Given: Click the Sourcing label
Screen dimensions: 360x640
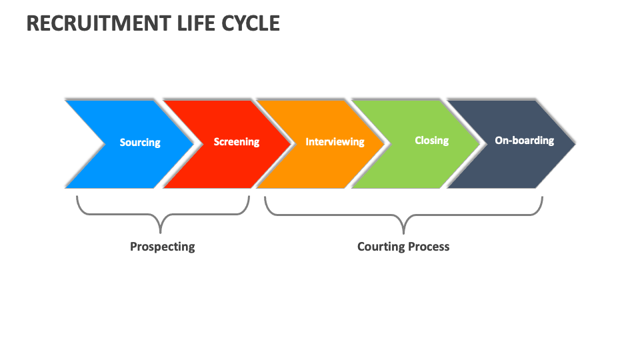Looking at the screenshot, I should (x=140, y=142).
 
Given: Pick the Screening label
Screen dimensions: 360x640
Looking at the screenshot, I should (x=237, y=142).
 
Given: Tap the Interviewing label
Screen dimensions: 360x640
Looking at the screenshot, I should (x=335, y=142).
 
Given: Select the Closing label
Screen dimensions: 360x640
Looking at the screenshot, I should (x=431, y=141).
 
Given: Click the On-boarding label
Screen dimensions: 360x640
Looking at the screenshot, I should (x=524, y=141).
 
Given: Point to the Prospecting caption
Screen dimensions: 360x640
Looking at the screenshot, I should (x=163, y=247).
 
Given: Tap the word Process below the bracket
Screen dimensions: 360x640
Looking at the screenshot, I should (x=429, y=247).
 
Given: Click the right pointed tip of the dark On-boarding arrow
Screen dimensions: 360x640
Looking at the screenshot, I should (x=575, y=142).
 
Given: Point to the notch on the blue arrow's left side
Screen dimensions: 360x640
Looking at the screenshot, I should (x=105, y=142).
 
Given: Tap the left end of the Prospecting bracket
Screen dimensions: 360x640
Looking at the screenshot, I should (x=77, y=197).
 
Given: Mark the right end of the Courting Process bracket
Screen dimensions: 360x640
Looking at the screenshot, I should (x=542, y=197).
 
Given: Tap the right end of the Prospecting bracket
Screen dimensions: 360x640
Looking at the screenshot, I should (x=249, y=197).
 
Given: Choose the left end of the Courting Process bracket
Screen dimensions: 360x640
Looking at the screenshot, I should (x=265, y=197).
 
